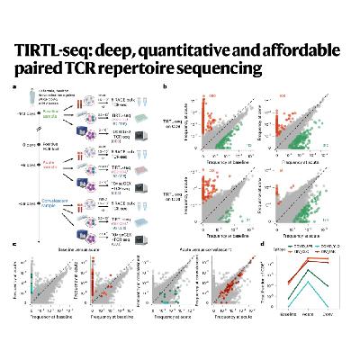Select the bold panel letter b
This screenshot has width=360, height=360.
tap(164, 86)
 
